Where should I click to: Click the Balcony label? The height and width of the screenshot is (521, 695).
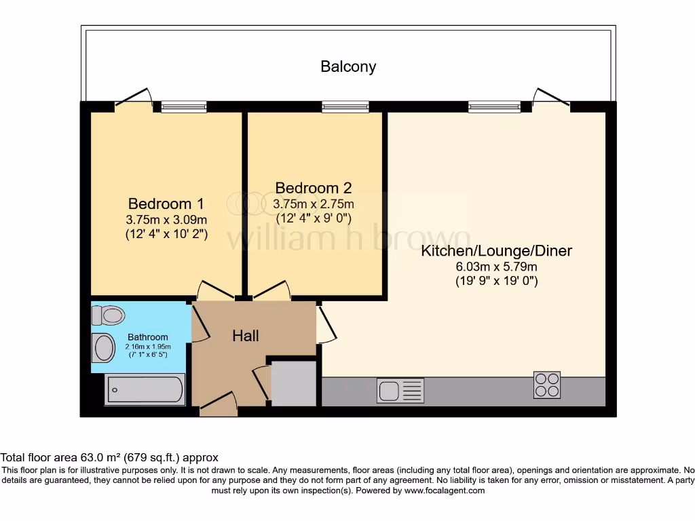coord(348,66)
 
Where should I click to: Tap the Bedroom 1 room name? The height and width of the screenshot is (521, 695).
coord(166,204)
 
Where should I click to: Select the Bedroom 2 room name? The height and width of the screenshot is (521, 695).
coord(314,188)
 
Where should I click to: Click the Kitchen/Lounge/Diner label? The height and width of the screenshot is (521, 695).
coord(496,251)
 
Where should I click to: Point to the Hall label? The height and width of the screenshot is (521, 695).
coord(246,336)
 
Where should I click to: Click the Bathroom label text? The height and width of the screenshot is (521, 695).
coord(147,337)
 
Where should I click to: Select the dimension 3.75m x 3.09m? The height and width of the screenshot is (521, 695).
coord(166,219)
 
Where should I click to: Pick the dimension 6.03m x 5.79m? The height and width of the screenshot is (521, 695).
coord(496,267)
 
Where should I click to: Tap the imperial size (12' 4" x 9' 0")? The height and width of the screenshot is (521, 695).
coord(314,218)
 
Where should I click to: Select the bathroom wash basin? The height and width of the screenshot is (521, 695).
coord(103,348)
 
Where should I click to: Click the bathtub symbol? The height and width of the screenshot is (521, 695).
coord(145,390)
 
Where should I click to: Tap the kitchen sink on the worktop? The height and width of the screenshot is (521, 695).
coord(400,391)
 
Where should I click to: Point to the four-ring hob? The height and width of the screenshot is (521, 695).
coord(547,385)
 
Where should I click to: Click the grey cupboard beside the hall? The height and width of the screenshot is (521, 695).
coord(294,383)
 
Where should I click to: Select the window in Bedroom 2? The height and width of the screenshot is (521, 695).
coord(345,106)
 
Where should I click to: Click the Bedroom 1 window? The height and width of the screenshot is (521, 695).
coord(183,106)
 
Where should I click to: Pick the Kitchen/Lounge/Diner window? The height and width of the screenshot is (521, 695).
coord(494,106)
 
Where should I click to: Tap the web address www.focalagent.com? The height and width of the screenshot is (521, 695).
coord(445,490)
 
